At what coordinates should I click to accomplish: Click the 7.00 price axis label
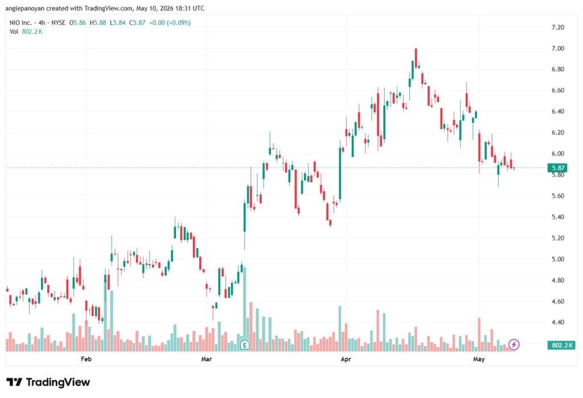[558, 48]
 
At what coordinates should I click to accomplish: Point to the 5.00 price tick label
[558, 259]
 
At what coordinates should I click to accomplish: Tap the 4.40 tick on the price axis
[558, 322]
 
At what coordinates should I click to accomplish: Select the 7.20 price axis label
[558, 27]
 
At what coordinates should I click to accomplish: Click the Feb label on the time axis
[86, 359]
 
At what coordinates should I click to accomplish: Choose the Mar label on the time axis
[206, 359]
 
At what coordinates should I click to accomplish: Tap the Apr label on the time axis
[346, 359]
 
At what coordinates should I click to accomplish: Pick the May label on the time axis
[479, 359]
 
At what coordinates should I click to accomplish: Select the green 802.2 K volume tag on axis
[561, 345]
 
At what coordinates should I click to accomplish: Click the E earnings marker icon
[245, 345]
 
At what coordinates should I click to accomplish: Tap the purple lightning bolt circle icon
[514, 344]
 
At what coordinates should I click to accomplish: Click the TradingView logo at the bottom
[48, 382]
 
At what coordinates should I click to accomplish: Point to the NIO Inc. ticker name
[21, 23]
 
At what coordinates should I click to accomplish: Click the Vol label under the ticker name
[14, 32]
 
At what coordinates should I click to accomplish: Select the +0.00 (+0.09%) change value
[170, 23]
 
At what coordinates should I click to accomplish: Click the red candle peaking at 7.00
[416, 59]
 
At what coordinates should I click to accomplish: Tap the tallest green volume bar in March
[245, 309]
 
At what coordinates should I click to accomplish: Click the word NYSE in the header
[59, 23]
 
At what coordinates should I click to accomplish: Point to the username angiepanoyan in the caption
[25, 8]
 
